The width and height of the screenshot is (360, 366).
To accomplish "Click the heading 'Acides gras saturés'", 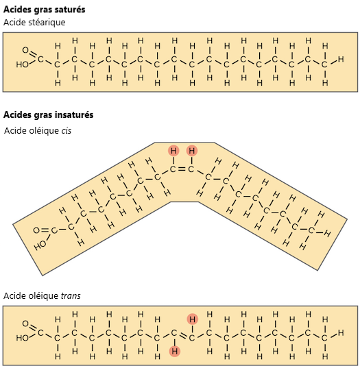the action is pos(45,10).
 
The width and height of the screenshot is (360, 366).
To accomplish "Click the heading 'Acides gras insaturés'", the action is pos(48,115).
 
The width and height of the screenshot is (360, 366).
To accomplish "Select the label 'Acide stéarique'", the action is pos(34,23).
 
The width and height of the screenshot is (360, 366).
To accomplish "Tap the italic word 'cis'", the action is pos(67,131).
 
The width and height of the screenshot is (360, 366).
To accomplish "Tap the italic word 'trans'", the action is pos(71,296).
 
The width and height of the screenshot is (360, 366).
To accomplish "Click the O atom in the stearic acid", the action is pos(25,50).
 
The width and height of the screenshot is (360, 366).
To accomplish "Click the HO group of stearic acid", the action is pos(22,64).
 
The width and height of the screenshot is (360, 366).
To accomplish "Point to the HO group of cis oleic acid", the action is pos(40,245).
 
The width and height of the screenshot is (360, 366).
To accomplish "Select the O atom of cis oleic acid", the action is pos(36,230).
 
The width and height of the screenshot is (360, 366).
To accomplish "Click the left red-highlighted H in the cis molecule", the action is pos(173,151).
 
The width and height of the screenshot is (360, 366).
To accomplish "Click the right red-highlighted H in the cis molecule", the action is pos(192,151).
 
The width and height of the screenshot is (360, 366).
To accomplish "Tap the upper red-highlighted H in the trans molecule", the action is pos(193,319).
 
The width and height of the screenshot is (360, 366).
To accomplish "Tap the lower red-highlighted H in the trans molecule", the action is pos(175,351).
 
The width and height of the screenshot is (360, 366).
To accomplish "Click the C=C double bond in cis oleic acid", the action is pos(182,169).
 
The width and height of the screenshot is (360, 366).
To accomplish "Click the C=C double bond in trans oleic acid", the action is pos(183,335).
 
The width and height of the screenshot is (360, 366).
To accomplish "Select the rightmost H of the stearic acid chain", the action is pos(341,60).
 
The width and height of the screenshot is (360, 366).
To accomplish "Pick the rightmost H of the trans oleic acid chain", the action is pos(341,332).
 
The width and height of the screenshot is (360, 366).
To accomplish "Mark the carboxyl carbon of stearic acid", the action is pos(40,60).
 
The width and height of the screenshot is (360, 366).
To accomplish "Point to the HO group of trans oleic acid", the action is pos(22,338).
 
